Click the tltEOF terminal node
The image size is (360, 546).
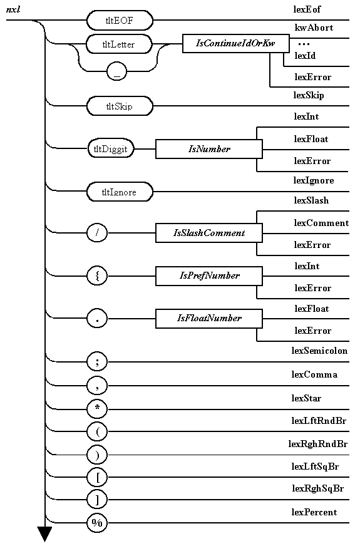click(120, 21)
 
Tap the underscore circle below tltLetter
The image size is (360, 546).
click(117, 72)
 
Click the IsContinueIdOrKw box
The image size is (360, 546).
click(235, 44)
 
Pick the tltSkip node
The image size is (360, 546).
click(120, 106)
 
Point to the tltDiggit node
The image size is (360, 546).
click(111, 150)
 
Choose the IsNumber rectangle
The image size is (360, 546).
click(209, 150)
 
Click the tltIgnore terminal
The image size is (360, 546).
click(120, 192)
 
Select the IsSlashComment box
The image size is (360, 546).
click(209, 233)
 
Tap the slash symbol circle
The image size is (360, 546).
click(97, 233)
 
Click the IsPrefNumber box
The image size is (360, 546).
click(209, 276)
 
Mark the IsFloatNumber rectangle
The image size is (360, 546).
click(209, 319)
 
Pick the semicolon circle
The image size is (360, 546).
click(97, 361)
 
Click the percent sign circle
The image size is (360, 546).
click(97, 523)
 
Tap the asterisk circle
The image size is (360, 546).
click(97, 409)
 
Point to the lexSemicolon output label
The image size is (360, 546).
click(319, 351)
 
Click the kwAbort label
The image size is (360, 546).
click(314, 28)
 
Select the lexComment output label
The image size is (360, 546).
click(321, 223)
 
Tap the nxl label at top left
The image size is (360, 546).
click(13, 9)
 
